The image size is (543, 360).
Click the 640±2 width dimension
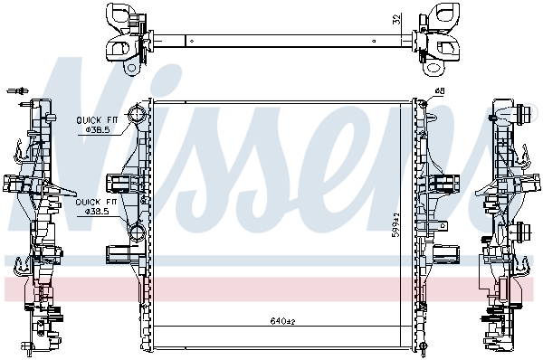[282, 321]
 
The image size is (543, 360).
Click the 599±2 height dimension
[395, 225]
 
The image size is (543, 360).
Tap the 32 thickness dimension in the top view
[397, 19]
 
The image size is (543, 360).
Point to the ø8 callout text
[440, 91]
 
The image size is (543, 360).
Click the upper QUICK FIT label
[97, 120]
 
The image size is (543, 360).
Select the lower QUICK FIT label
[96, 202]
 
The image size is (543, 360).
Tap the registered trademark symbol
[534, 109]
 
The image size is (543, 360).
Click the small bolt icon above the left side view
[18, 91]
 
